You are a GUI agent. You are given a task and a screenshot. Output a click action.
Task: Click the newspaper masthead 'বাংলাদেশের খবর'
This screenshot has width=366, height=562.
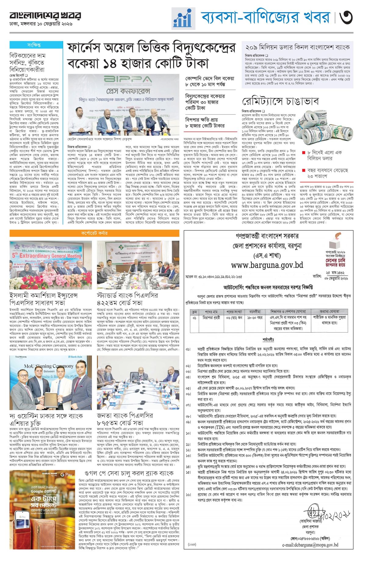[x=45, y=16]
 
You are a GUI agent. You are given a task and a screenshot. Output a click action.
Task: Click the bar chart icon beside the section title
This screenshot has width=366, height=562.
[x=183, y=18]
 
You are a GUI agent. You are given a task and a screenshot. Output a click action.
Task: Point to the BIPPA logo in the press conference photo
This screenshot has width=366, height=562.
[x=124, y=80]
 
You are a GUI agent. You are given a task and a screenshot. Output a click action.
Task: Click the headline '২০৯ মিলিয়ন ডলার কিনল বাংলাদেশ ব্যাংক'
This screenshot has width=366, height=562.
[x=297, y=47]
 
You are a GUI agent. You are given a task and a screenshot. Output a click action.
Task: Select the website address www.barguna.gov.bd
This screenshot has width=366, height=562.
[x=267, y=265]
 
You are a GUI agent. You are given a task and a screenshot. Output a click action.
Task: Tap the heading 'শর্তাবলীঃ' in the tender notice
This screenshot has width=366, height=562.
[x=268, y=340]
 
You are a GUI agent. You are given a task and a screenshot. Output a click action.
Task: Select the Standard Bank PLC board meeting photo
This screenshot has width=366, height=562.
[x=138, y=265]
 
